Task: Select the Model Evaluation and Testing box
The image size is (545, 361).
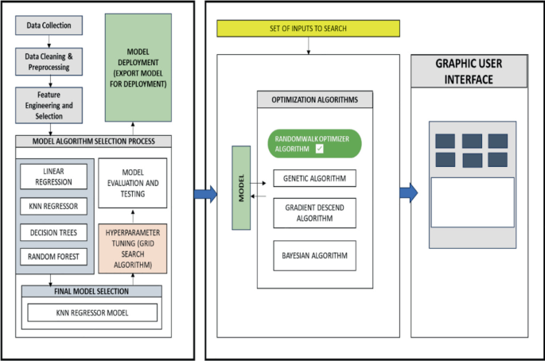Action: coord(133,183)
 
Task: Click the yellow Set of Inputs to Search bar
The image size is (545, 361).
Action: coord(309,29)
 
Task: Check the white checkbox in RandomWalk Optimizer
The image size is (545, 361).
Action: coord(318,149)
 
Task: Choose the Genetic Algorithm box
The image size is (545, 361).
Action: coord(313,178)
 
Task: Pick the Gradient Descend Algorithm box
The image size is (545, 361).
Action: coord(313,213)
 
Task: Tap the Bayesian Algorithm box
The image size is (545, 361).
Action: coord(313,255)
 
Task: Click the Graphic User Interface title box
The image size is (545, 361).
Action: coord(469,72)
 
